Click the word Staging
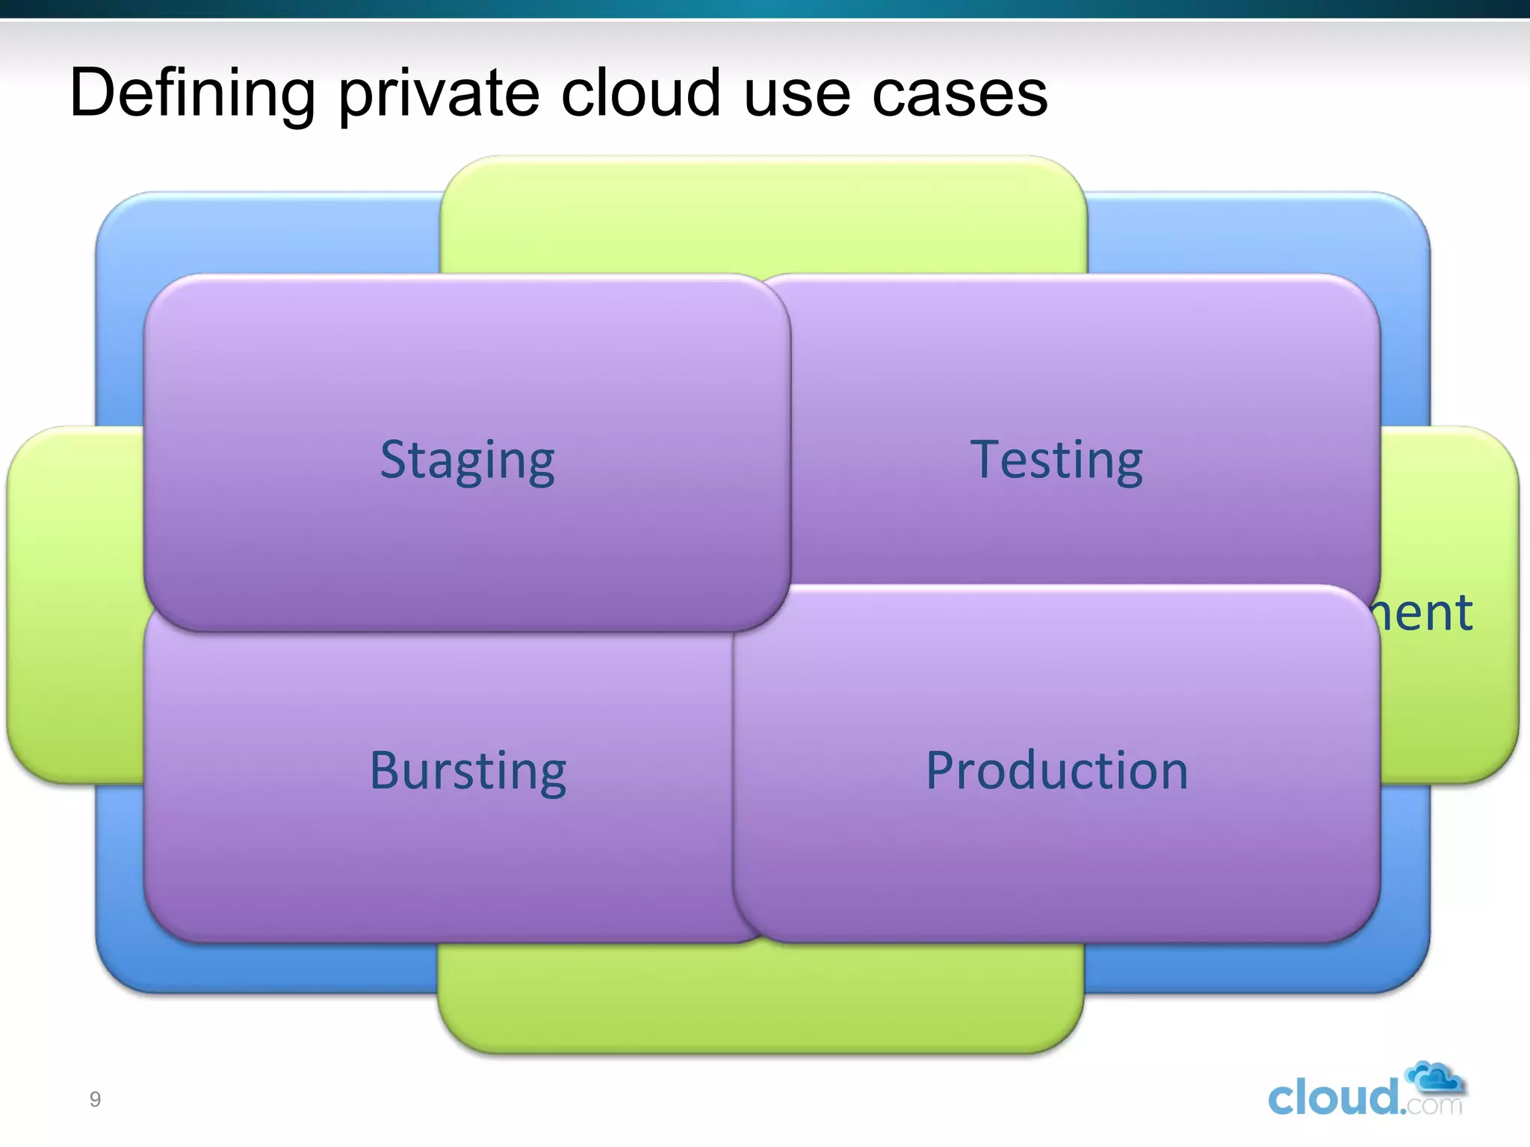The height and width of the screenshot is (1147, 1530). [468, 461]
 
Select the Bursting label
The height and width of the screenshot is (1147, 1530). [468, 771]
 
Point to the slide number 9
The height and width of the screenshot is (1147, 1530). [95, 1099]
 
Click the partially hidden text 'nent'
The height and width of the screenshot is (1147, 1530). [1424, 613]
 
